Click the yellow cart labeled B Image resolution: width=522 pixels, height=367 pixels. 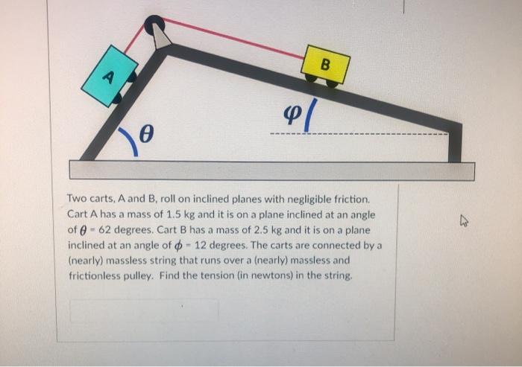tap(325, 65)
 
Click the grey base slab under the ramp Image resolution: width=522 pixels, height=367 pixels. tap(271, 170)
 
